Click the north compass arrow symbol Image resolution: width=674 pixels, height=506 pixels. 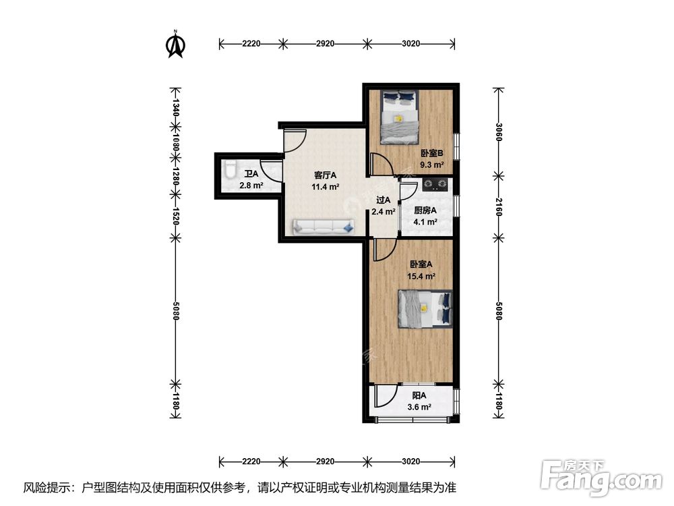pos(175,45)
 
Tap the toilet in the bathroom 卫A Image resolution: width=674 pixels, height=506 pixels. pos(230,169)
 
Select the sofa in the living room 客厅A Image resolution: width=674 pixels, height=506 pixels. pos(324,226)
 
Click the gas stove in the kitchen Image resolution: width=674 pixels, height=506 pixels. pos(435,185)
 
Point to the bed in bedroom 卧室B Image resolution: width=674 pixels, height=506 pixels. pos(400,117)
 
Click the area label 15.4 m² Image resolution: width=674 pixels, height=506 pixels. pos(421,277)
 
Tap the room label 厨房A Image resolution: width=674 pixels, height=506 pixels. pos(425,210)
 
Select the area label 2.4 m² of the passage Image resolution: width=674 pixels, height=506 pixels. pos(384,212)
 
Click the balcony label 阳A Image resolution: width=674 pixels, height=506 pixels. pos(419,395)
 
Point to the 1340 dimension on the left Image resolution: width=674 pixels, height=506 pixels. pos(175,107)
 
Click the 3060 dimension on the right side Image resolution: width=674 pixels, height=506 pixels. pos(499,132)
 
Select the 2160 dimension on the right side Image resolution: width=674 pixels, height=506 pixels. pos(499,207)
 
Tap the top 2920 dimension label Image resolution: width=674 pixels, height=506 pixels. pos(325,43)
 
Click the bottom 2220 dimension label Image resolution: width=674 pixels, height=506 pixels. pos(251,461)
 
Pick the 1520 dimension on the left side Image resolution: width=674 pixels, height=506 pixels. pos(175,216)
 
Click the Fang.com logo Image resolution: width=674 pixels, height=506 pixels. pos(601,478)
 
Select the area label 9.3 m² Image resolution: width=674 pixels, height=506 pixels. pos(432,165)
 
